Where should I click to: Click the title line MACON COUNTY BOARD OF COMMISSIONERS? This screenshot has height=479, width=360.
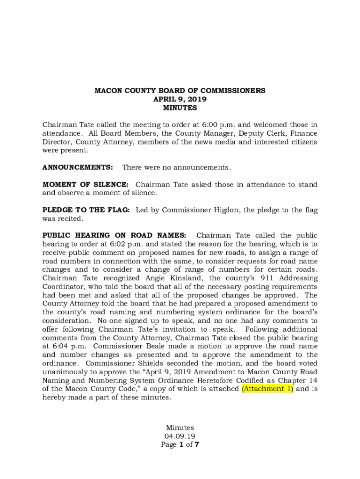pos(180,91)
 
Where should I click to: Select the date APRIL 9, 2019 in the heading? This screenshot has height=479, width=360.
pos(180,99)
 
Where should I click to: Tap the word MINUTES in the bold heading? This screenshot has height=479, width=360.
pos(180,108)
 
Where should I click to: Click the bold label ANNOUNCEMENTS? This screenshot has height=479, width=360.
pos(78,167)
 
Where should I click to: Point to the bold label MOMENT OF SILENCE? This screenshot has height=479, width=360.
pos(86,185)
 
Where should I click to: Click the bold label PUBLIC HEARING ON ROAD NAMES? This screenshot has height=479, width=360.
pos(115,235)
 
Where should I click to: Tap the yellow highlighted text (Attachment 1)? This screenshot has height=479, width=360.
pos(267,389)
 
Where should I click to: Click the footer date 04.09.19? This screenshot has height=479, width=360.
pos(180,436)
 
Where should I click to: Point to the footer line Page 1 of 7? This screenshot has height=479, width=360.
pos(180,445)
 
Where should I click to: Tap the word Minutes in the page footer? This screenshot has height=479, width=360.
pos(180,428)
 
